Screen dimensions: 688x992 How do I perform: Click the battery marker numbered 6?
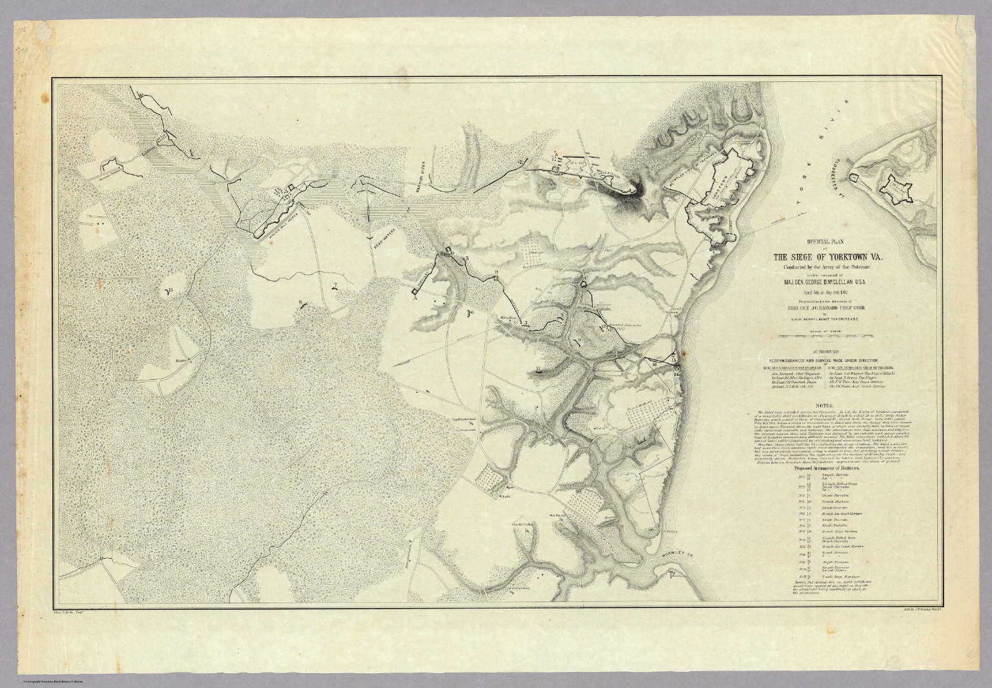pyautogui.click(x=470, y=313)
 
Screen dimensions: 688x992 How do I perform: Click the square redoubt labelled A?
pyautogui.click(x=414, y=293)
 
